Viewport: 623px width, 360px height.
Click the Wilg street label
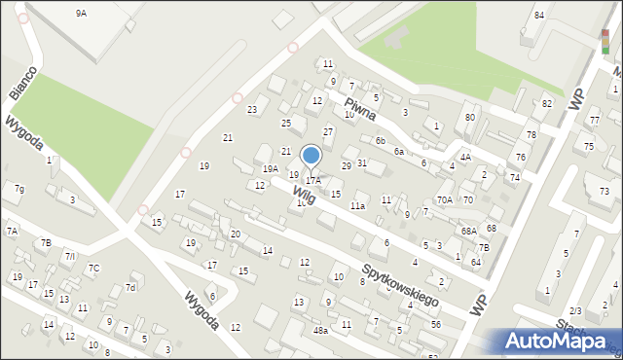[x=302, y=195]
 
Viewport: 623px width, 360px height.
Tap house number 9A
[x=81, y=14]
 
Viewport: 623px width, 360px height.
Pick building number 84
[x=539, y=15]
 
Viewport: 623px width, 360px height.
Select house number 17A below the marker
[x=312, y=181]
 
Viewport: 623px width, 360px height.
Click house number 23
[x=252, y=110]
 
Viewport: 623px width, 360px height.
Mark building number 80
[x=470, y=118]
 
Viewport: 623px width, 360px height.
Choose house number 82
[x=547, y=104]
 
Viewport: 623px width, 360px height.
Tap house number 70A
[x=445, y=199]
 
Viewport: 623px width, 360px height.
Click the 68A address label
[x=469, y=231]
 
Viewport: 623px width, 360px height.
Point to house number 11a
[x=357, y=206]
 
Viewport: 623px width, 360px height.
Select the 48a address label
[x=320, y=331]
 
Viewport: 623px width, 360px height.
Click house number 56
[x=435, y=324]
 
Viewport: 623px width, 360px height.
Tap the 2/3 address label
[x=575, y=310]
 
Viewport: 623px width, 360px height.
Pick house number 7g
[x=19, y=189]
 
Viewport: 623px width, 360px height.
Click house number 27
[x=328, y=131]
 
